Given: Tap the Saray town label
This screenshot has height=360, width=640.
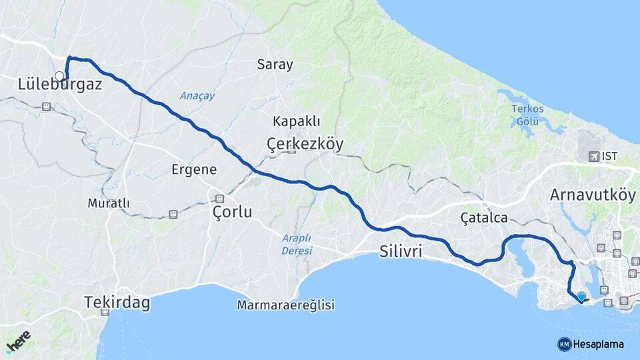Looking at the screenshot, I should tap(275, 65).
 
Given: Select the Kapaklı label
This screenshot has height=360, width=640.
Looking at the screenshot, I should tap(297, 121).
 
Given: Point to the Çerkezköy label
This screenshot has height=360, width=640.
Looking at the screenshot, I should tap(305, 143).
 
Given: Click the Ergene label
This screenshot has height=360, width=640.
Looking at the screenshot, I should tap(194, 169).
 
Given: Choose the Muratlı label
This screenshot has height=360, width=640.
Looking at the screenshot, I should tap(109, 203).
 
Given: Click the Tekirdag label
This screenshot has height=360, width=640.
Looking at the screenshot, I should tap(117, 303).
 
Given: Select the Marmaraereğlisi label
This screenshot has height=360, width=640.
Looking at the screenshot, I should tap(285, 305).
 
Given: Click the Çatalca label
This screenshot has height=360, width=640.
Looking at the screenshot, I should tap(484, 218).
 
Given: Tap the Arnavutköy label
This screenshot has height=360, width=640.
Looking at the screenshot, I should tap(593, 195).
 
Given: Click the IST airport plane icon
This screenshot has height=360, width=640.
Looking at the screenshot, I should tap(593, 156).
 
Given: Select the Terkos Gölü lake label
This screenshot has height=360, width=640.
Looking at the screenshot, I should tap(527, 114).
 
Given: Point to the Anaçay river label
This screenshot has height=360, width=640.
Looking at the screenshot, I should tap(197, 96).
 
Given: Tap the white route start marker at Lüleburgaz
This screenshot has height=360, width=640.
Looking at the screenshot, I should tap(59, 75).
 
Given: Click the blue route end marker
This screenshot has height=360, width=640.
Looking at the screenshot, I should tap(581, 296).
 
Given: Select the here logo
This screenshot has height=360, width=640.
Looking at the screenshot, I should tap(19, 340).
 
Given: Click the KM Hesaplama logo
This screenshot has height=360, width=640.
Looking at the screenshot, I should tap(591, 344).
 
